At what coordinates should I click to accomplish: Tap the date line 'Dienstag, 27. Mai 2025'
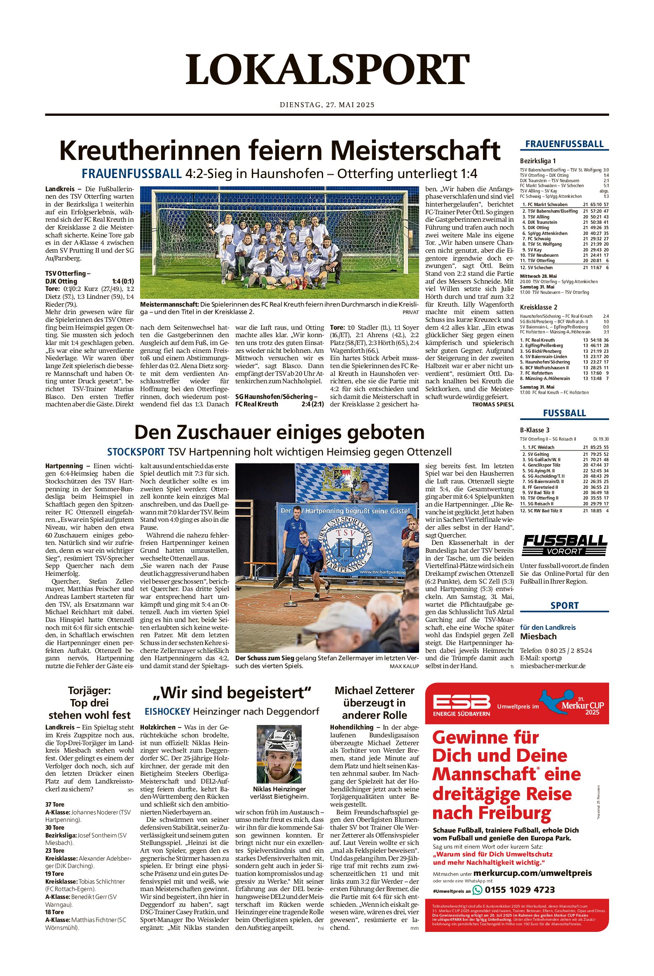click(327, 105)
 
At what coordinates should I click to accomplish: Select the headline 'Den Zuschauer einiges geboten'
click(279, 432)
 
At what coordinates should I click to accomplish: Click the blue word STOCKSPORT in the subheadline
click(136, 452)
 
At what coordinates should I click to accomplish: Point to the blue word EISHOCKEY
click(167, 711)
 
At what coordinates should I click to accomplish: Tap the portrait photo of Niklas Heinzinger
click(279, 754)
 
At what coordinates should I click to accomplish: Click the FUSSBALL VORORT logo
click(564, 545)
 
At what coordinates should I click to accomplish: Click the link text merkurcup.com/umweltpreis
click(532, 873)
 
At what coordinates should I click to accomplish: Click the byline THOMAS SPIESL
click(492, 404)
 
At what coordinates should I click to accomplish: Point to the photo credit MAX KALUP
click(404, 666)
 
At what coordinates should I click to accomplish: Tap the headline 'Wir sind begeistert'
click(232, 693)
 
